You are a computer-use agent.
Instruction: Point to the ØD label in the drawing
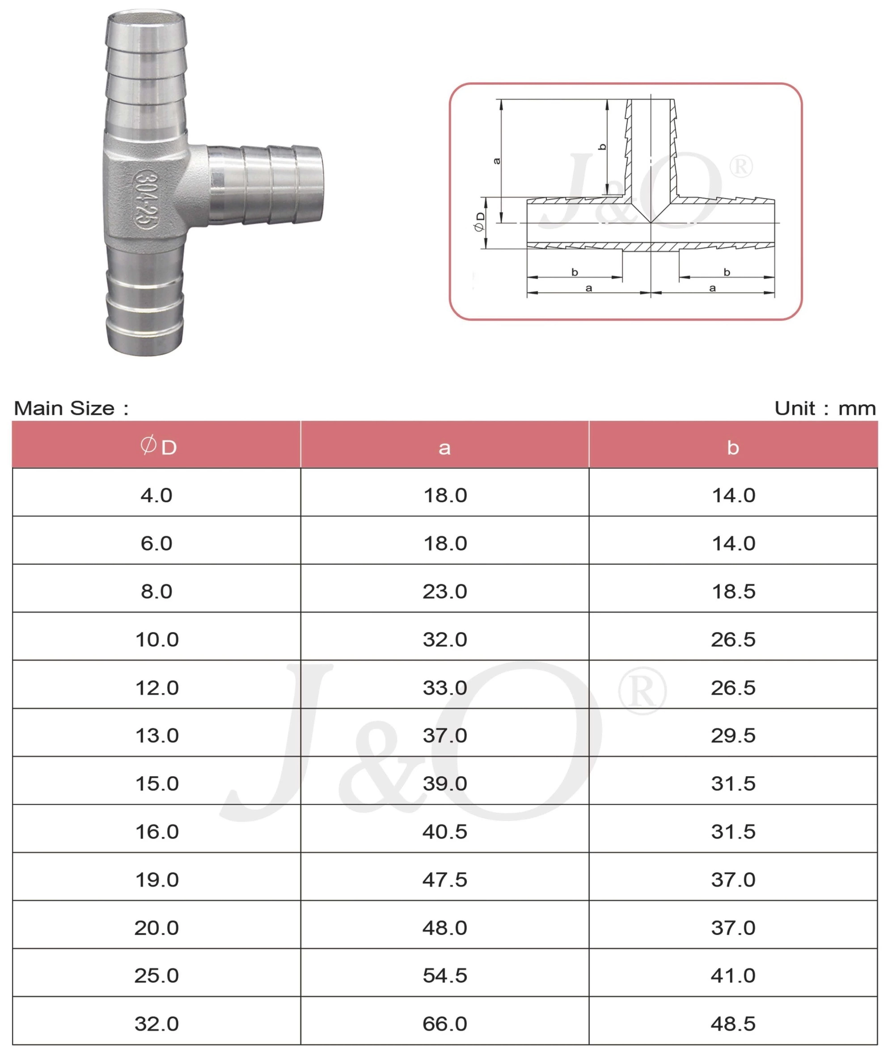pos(480,221)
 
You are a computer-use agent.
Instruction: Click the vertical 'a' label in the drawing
pos(497,161)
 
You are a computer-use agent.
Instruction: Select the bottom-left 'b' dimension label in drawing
pos(575,272)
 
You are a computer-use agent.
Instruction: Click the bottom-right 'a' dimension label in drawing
pos(712,288)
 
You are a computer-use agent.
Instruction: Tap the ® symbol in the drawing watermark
pos(741,167)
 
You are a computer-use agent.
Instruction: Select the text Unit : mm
pos(825,408)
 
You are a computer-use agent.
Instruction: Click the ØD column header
pos(157,446)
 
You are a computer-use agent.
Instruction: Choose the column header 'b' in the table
pos(733,448)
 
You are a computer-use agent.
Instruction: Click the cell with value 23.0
pos(445,591)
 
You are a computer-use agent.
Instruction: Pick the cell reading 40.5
pos(445,832)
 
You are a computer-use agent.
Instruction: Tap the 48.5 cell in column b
pos(733,1024)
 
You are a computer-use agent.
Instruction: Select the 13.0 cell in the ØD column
pos(157,736)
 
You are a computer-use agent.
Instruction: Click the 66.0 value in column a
pos(445,1024)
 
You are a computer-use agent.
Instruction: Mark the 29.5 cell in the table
pos(733,736)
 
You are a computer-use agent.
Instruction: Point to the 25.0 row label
pos(156,975)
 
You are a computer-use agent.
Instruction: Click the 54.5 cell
pos(445,975)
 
